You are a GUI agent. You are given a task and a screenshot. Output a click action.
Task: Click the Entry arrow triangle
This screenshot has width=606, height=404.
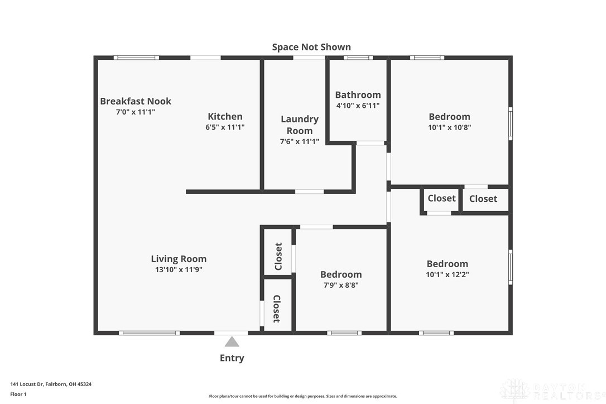(x=232, y=341)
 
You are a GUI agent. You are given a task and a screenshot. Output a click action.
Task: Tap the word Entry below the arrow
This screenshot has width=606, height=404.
(x=232, y=358)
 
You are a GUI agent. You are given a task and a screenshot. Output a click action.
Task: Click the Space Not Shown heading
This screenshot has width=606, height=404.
(x=311, y=47)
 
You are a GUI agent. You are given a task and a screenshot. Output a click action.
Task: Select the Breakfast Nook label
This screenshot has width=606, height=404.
(x=136, y=101)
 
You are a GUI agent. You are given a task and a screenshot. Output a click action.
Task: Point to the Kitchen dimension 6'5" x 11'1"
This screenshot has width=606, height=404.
(x=225, y=127)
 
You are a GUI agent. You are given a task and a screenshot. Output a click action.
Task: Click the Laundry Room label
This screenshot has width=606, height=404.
(x=300, y=125)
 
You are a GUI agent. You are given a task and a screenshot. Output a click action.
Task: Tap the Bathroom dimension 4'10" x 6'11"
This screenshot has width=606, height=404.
(x=358, y=106)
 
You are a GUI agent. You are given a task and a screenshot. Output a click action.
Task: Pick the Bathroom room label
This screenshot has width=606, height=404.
(x=358, y=95)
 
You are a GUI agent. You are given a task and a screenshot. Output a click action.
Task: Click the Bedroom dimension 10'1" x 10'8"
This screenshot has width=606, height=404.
(x=449, y=127)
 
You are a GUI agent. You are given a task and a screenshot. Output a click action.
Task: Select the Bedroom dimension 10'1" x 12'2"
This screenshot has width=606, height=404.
(x=448, y=274)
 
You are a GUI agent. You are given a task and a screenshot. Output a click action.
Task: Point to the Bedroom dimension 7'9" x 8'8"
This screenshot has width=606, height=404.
(x=341, y=285)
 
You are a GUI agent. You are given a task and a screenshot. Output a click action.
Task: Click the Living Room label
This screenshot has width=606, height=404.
(x=179, y=259)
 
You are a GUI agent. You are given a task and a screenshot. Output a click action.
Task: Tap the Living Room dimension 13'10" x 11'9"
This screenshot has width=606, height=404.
(x=179, y=269)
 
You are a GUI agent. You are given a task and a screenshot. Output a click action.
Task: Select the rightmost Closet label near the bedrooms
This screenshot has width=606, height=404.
(x=483, y=199)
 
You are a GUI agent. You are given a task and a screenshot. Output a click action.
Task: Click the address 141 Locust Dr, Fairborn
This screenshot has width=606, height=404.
(x=51, y=384)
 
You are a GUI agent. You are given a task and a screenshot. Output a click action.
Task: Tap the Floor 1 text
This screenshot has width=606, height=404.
(x=18, y=394)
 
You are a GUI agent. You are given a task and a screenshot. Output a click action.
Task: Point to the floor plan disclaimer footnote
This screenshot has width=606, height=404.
(x=303, y=396)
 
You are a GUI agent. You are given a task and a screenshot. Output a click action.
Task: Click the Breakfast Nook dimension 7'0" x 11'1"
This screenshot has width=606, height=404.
(x=136, y=112)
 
